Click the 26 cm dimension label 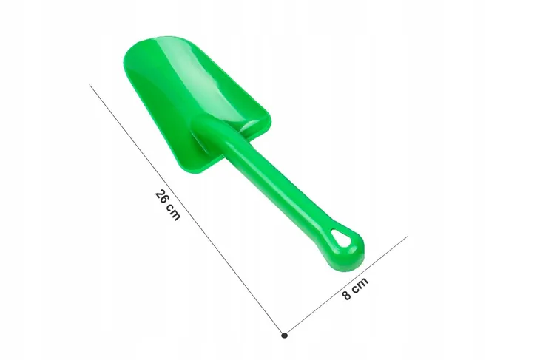[168, 205]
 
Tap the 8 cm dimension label [355, 288]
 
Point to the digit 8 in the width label [347, 295]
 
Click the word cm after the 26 [173, 212]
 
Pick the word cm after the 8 [360, 285]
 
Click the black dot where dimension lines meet [284, 336]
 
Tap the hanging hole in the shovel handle [342, 237]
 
